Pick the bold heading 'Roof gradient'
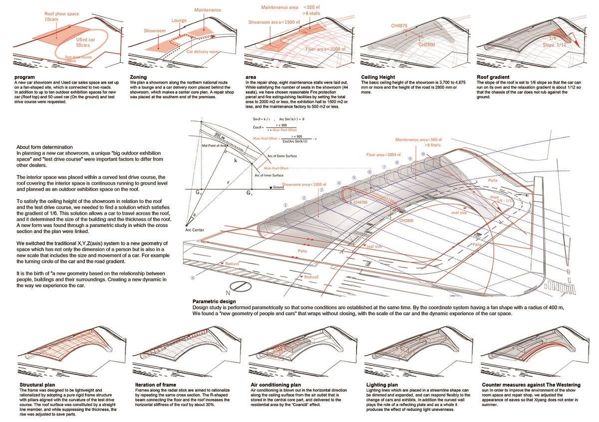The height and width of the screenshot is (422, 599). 494,78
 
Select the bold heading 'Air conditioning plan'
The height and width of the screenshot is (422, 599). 276,385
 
